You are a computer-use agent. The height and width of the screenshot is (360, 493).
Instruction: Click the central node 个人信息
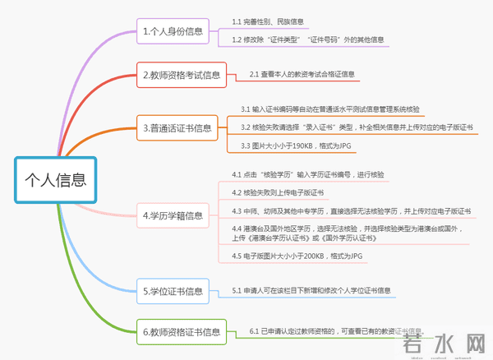pyautogui.click(x=55, y=178)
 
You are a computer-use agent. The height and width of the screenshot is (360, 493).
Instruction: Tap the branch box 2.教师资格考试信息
pyautogui.click(x=181, y=76)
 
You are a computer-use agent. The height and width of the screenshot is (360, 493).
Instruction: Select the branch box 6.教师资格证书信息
pyautogui.click(x=181, y=332)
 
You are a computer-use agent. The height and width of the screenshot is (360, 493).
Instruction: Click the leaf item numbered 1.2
pyautogui.click(x=307, y=39)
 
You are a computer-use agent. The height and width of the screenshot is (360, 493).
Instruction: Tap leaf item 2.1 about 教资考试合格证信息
pyautogui.click(x=302, y=75)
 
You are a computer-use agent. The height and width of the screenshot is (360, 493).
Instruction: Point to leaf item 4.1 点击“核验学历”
pyautogui.click(x=307, y=175)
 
